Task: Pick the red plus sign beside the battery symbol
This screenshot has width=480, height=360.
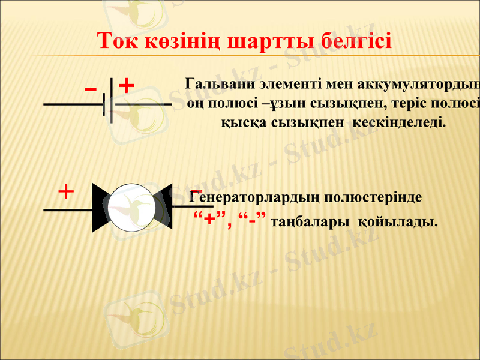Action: coord(126,86)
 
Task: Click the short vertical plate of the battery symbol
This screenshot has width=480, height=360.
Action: coord(104,104)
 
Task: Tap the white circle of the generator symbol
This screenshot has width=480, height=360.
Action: coord(132,207)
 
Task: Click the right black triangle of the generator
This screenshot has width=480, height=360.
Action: coord(163,207)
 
